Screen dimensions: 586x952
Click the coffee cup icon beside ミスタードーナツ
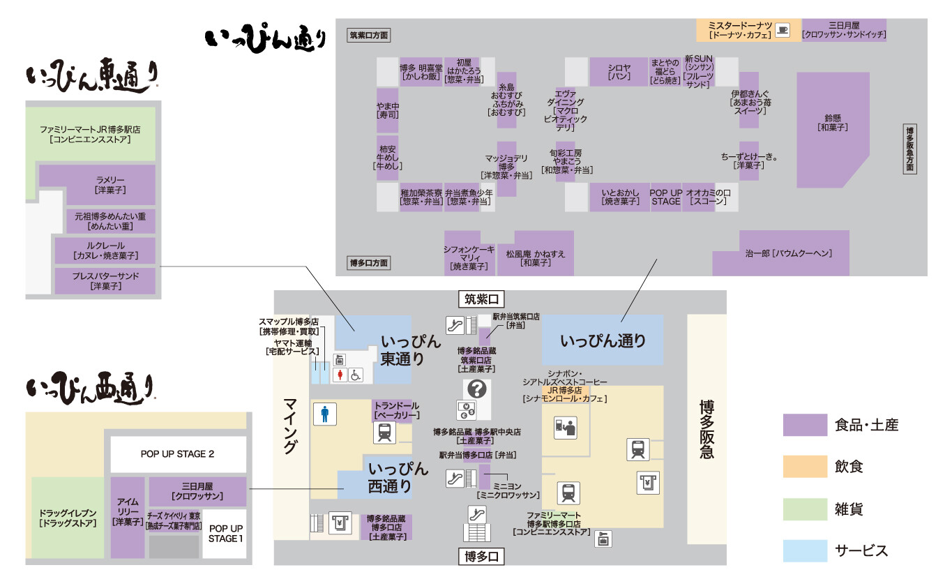783,30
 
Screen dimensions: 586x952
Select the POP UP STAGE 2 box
177,454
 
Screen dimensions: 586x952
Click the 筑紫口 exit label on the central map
481,300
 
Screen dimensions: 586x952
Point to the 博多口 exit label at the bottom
481,557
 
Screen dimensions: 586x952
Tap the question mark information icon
481,389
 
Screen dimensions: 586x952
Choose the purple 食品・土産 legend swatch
804,425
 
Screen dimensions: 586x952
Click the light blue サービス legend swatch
804,550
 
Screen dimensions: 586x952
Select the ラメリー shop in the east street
97,185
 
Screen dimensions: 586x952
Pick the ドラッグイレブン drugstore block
68,518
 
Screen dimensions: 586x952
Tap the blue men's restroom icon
324,414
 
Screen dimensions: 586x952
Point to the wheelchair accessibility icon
356,375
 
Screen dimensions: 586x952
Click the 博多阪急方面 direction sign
909,149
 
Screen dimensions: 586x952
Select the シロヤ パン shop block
619,72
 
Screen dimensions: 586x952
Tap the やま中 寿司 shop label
387,110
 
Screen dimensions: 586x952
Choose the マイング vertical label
291,426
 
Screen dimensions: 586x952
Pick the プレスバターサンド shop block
105,280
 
